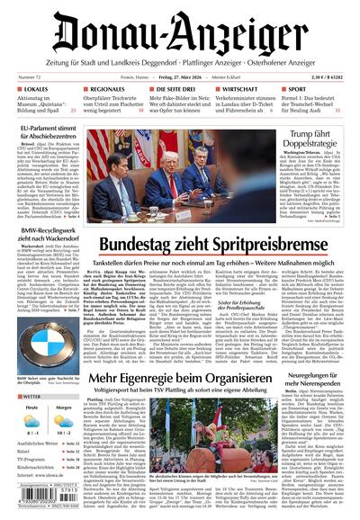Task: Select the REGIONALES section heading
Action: pyautogui.click(x=110, y=90)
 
